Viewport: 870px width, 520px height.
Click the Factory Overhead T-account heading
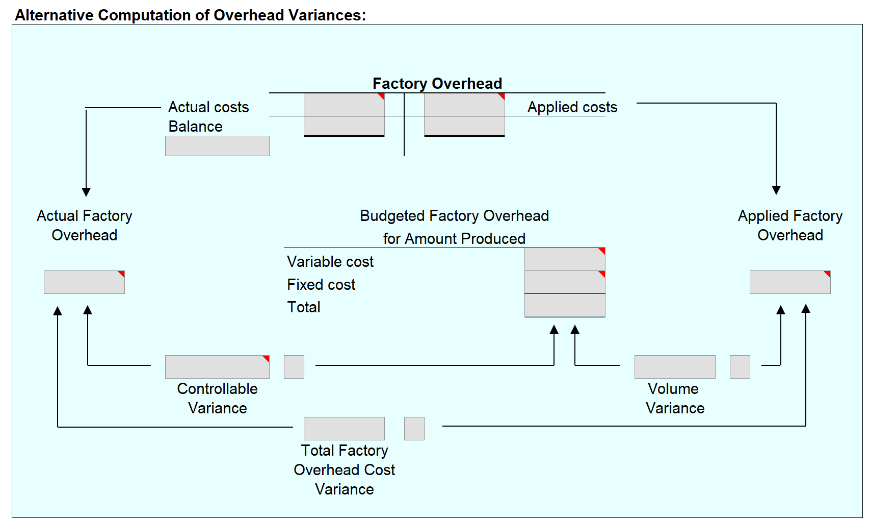click(x=437, y=83)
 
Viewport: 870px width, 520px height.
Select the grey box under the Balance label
click(x=217, y=146)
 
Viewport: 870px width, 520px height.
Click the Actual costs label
click(x=208, y=107)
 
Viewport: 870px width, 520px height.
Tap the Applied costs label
click(x=572, y=107)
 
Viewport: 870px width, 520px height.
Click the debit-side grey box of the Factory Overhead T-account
click(x=344, y=115)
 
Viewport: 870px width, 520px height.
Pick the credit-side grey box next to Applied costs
click(x=464, y=115)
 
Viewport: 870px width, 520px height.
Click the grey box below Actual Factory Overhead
click(x=84, y=282)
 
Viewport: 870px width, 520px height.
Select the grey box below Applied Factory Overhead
click(x=789, y=282)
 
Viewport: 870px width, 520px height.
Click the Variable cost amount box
click(x=565, y=259)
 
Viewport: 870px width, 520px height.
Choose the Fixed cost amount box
click(x=565, y=282)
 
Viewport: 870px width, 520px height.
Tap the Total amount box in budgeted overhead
click(x=565, y=305)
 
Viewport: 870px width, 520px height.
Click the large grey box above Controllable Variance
click(x=217, y=367)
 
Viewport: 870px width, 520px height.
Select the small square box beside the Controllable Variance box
click(x=294, y=367)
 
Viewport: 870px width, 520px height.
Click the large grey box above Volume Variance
click(x=675, y=367)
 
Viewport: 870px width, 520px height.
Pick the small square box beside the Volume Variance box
click(x=740, y=367)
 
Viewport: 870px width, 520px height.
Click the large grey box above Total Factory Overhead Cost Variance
click(x=344, y=429)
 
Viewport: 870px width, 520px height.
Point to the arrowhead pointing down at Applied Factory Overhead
click(x=776, y=190)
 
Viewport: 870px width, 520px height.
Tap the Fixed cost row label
click(x=321, y=285)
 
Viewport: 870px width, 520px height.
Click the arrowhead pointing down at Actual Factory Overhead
click(x=86, y=192)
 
